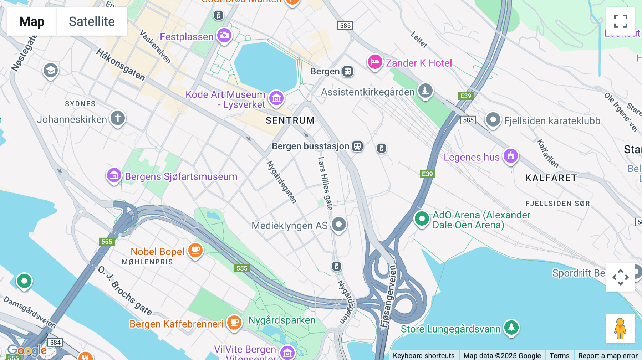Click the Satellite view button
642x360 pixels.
tap(92, 21)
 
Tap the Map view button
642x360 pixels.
tap(32, 21)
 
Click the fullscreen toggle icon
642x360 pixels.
tap(620, 21)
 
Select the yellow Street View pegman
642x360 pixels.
tap(620, 328)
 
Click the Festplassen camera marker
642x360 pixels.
tap(224, 35)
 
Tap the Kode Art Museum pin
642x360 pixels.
tap(276, 98)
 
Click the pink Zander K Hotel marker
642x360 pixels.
tap(375, 62)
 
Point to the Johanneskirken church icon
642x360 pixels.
tap(118, 118)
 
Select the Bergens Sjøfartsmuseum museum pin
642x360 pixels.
tap(114, 175)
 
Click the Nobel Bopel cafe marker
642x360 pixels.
tap(195, 250)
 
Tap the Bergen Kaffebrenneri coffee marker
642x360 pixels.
tap(234, 322)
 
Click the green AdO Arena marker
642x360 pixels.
tap(422, 218)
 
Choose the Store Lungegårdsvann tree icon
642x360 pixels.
tap(511, 327)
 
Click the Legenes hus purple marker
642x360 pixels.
tap(511, 156)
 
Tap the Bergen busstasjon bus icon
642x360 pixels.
tap(357, 146)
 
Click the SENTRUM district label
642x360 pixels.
tap(290, 120)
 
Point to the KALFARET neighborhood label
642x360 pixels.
tap(551, 178)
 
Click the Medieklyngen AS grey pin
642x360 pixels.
tap(339, 225)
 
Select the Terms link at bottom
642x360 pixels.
tap(559, 355)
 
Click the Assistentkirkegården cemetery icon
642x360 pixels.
tap(426, 91)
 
